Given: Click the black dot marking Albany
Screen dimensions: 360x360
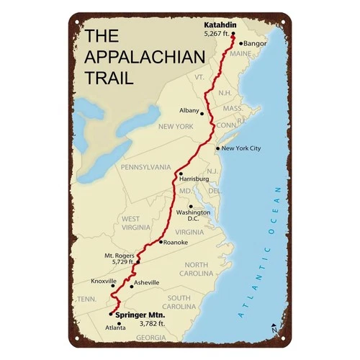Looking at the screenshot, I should click(x=202, y=113).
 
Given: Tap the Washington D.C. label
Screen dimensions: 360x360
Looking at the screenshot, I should click(x=192, y=216).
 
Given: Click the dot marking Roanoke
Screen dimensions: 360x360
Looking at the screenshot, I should click(x=161, y=242).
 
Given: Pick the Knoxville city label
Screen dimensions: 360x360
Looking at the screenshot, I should click(x=104, y=282).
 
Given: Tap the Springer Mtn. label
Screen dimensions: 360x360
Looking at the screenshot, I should click(x=140, y=315).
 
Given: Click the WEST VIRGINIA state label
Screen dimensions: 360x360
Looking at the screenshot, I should click(x=130, y=222).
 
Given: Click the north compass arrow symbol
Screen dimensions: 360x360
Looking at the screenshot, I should click(x=273, y=328).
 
